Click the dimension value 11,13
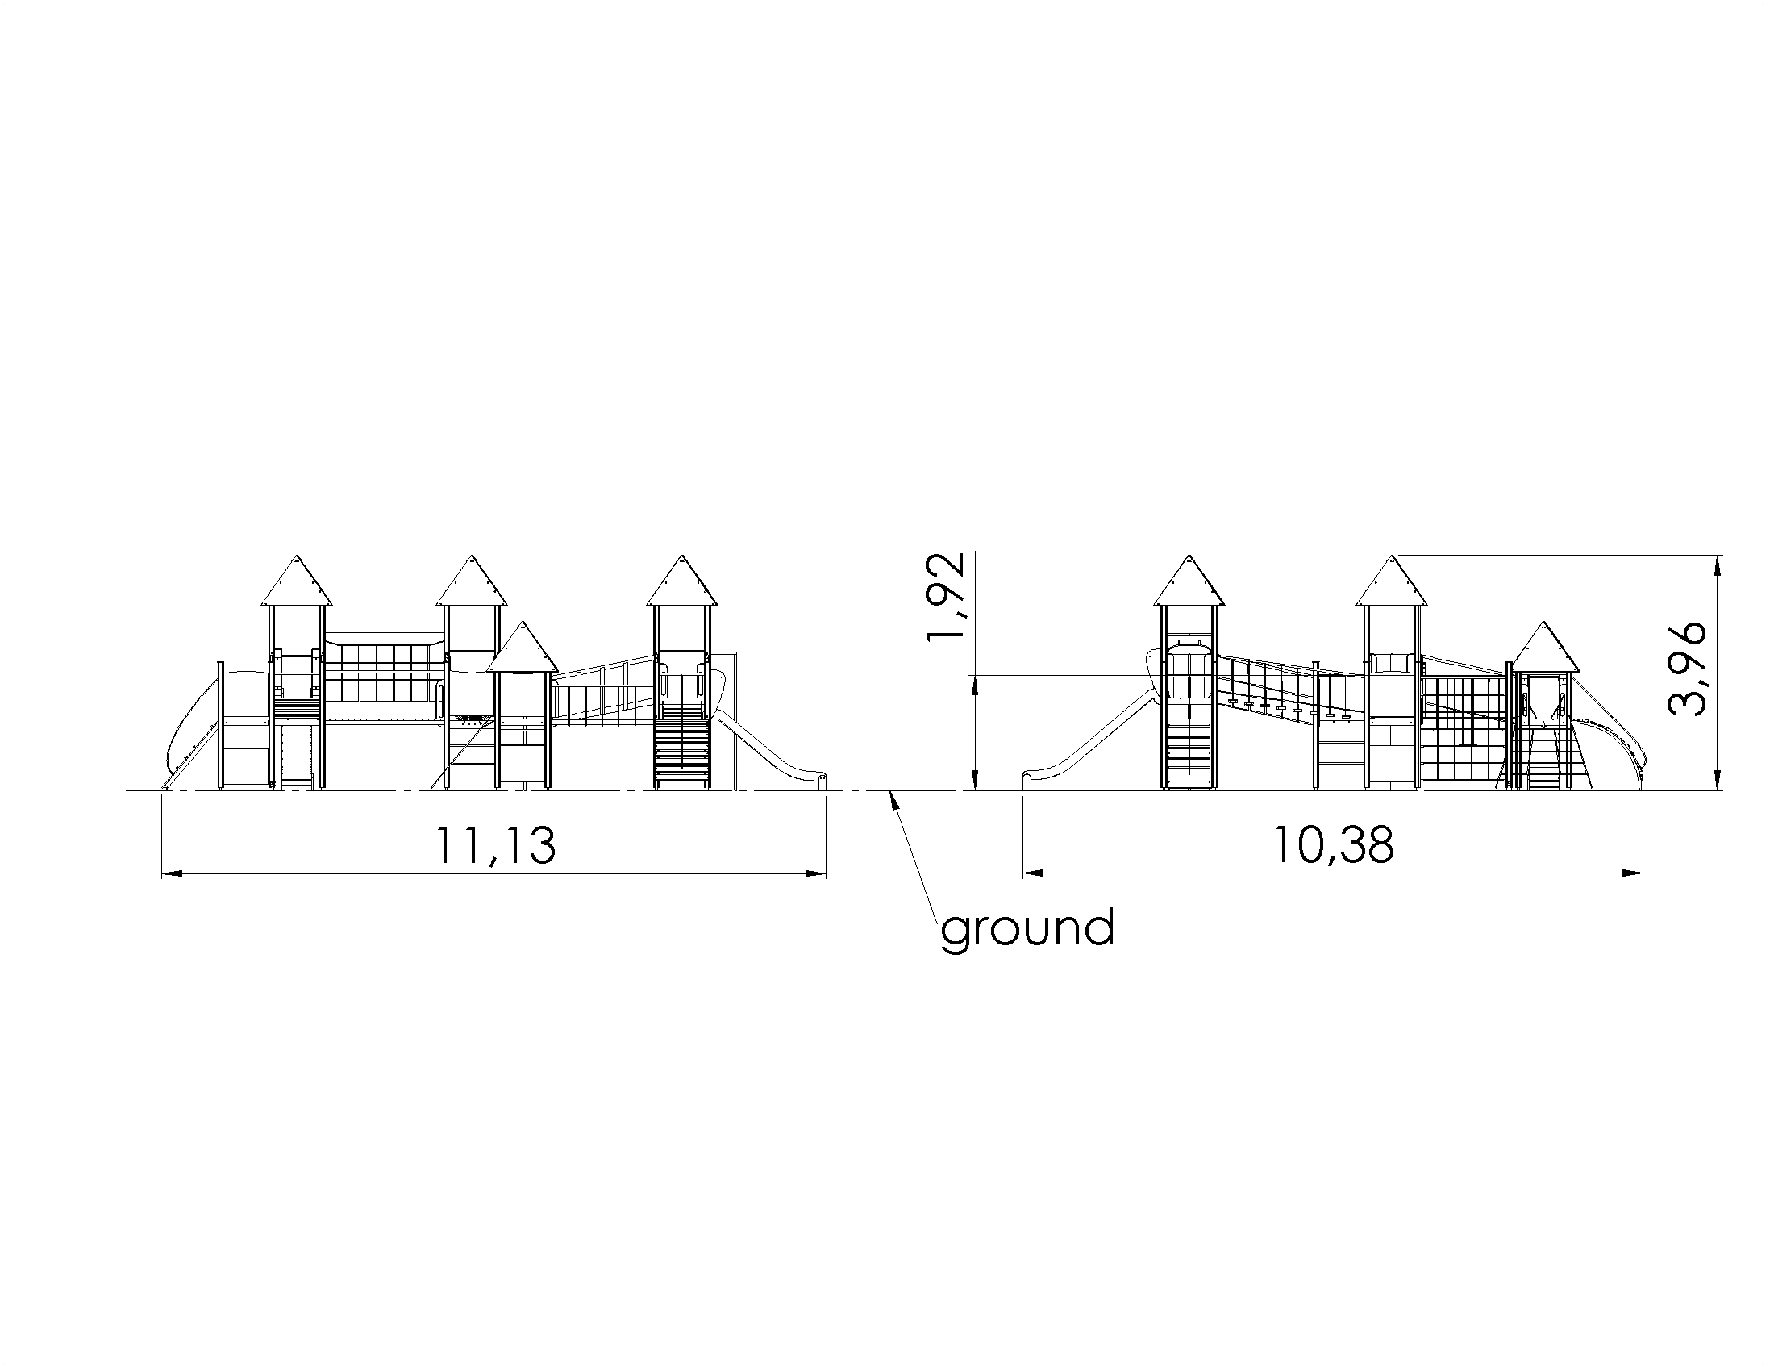495,845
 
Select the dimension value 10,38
1333,845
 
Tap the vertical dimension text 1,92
947,597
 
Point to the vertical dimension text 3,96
1684,669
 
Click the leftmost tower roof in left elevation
297,581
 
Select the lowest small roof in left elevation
523,647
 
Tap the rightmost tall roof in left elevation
682,581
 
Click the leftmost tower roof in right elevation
1189,581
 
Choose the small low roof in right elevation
1544,647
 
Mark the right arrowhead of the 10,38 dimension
1633,874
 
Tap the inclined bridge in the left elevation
603,687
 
